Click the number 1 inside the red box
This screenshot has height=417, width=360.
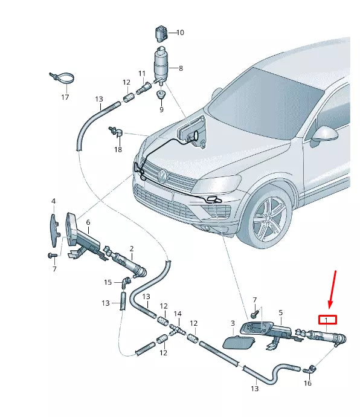pyautogui.click(x=327, y=320)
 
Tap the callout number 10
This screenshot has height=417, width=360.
pyautogui.click(x=180, y=33)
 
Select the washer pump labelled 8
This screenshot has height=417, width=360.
pyautogui.click(x=161, y=63)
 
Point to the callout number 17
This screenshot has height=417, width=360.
pyautogui.click(x=65, y=97)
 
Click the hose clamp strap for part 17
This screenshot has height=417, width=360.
pyautogui.click(x=62, y=79)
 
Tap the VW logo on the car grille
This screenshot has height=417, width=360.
pyautogui.click(x=162, y=175)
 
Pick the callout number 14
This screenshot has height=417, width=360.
pyautogui.click(x=178, y=314)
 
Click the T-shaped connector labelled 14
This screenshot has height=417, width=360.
pyautogui.click(x=176, y=331)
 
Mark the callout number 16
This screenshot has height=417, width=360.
pyautogui.click(x=307, y=383)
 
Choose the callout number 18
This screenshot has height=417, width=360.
pyautogui.click(x=118, y=149)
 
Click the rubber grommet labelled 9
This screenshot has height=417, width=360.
pyautogui.click(x=161, y=95)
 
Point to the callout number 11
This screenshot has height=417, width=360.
pyautogui.click(x=143, y=74)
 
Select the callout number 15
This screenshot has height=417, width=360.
pyautogui.click(x=108, y=282)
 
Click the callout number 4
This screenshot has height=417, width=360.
pyautogui.click(x=53, y=201)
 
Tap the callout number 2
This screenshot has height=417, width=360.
pyautogui.click(x=131, y=248)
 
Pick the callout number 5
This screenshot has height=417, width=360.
pyautogui.click(x=280, y=312)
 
